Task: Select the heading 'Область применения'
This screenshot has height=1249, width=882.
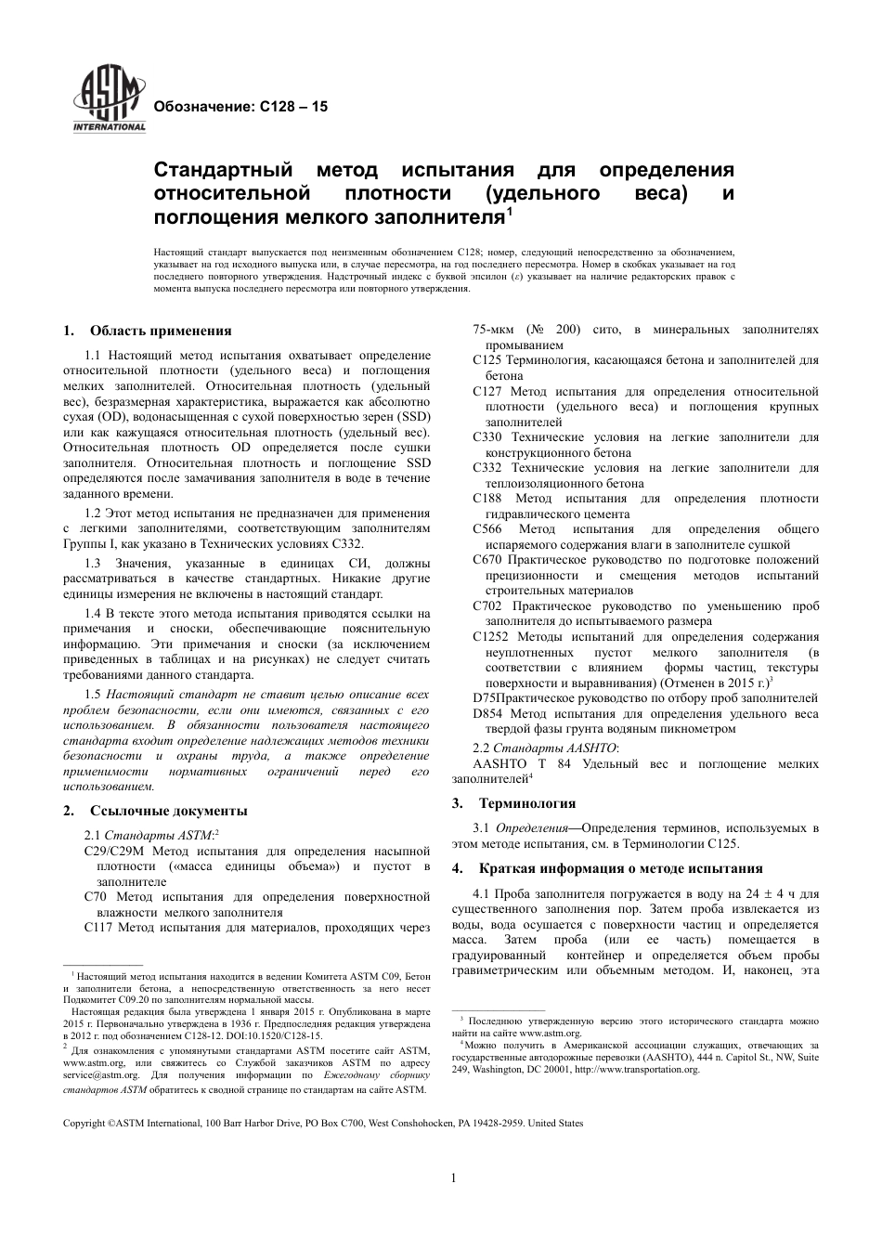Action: [161, 331]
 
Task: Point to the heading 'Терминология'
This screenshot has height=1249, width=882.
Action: [526, 803]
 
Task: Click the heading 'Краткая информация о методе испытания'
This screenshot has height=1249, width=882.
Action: [620, 868]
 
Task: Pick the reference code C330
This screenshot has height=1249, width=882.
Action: [488, 436]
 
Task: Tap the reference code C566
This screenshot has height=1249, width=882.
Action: [488, 529]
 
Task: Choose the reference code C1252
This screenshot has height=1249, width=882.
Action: [491, 637]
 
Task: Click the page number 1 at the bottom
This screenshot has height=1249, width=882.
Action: [453, 1178]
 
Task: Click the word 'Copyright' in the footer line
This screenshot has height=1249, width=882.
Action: [84, 1123]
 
